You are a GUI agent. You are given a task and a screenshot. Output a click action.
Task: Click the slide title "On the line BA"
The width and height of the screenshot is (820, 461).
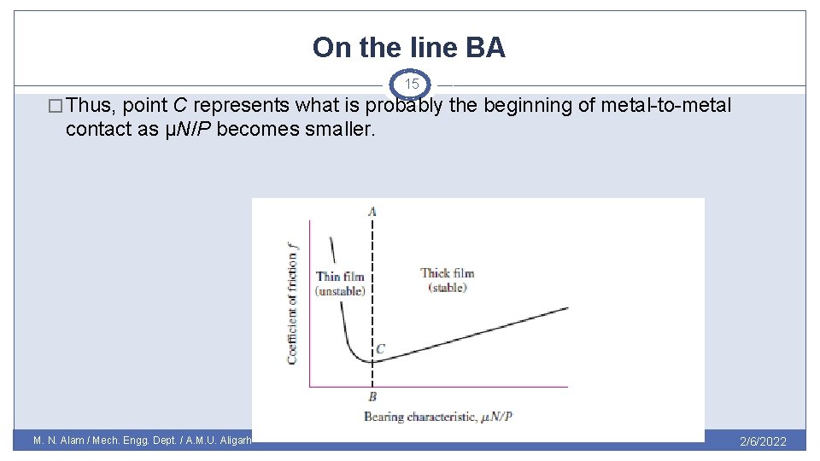pos(409,47)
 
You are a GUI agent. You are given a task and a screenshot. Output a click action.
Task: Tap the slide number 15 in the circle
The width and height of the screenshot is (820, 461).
pos(412,85)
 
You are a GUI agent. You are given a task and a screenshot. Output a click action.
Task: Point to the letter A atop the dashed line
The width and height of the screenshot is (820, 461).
pos(372,211)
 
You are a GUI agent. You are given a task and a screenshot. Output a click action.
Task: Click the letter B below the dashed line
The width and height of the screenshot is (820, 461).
pos(372,397)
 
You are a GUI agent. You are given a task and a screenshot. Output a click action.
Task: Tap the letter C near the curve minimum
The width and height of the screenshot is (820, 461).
pos(380,348)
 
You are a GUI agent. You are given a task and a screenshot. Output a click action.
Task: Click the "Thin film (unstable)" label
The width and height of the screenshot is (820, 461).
pos(340,283)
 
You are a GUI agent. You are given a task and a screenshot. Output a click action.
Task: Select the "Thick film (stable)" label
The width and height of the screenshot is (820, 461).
pos(447,280)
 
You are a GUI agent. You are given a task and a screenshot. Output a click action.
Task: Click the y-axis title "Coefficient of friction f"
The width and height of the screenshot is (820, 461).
pos(293,302)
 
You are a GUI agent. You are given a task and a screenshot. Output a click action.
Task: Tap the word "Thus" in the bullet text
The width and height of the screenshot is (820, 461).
pos(92,106)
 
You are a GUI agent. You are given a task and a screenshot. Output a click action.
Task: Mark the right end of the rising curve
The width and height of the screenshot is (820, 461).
pos(566,307)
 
